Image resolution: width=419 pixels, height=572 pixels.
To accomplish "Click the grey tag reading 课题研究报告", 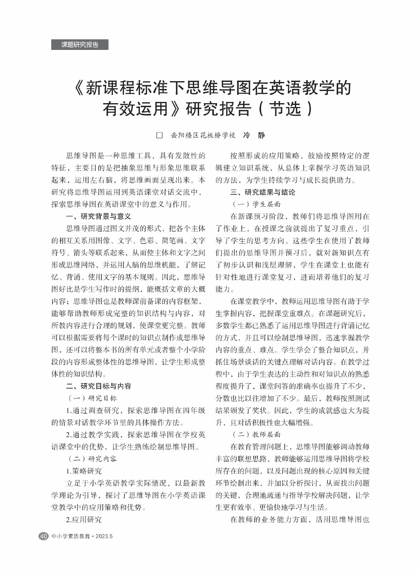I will [x=80, y=45].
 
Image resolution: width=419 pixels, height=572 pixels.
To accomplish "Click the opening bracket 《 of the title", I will [x=78, y=88].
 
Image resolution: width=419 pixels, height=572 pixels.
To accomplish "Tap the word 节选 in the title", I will [x=285, y=109].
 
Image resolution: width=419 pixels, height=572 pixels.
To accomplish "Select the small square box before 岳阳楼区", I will [x=159, y=135].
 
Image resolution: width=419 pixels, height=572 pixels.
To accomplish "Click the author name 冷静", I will [x=254, y=135].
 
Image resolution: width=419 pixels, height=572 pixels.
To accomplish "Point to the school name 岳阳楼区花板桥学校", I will [x=203, y=135].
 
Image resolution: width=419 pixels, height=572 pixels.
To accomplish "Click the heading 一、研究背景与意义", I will [x=99, y=216].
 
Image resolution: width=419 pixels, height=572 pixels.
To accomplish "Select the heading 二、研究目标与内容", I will [x=99, y=386].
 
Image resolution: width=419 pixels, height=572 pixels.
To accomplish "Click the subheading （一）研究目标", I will [x=92, y=398].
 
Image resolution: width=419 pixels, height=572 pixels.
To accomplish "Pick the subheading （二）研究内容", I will [x=92, y=459].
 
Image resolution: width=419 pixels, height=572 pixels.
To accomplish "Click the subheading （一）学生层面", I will [x=256, y=204].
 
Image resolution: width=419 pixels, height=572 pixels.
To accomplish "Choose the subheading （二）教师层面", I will [x=256, y=435].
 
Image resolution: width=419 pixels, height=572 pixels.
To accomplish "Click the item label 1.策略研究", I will [x=84, y=471].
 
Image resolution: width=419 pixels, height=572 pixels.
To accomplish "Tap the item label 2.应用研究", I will [x=84, y=520].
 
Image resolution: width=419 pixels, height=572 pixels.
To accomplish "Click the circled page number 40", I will [x=43, y=536].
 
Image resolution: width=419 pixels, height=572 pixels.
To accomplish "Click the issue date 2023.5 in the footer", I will [x=104, y=536].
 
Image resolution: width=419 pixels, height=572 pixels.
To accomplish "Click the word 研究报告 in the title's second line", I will [x=218, y=109].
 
